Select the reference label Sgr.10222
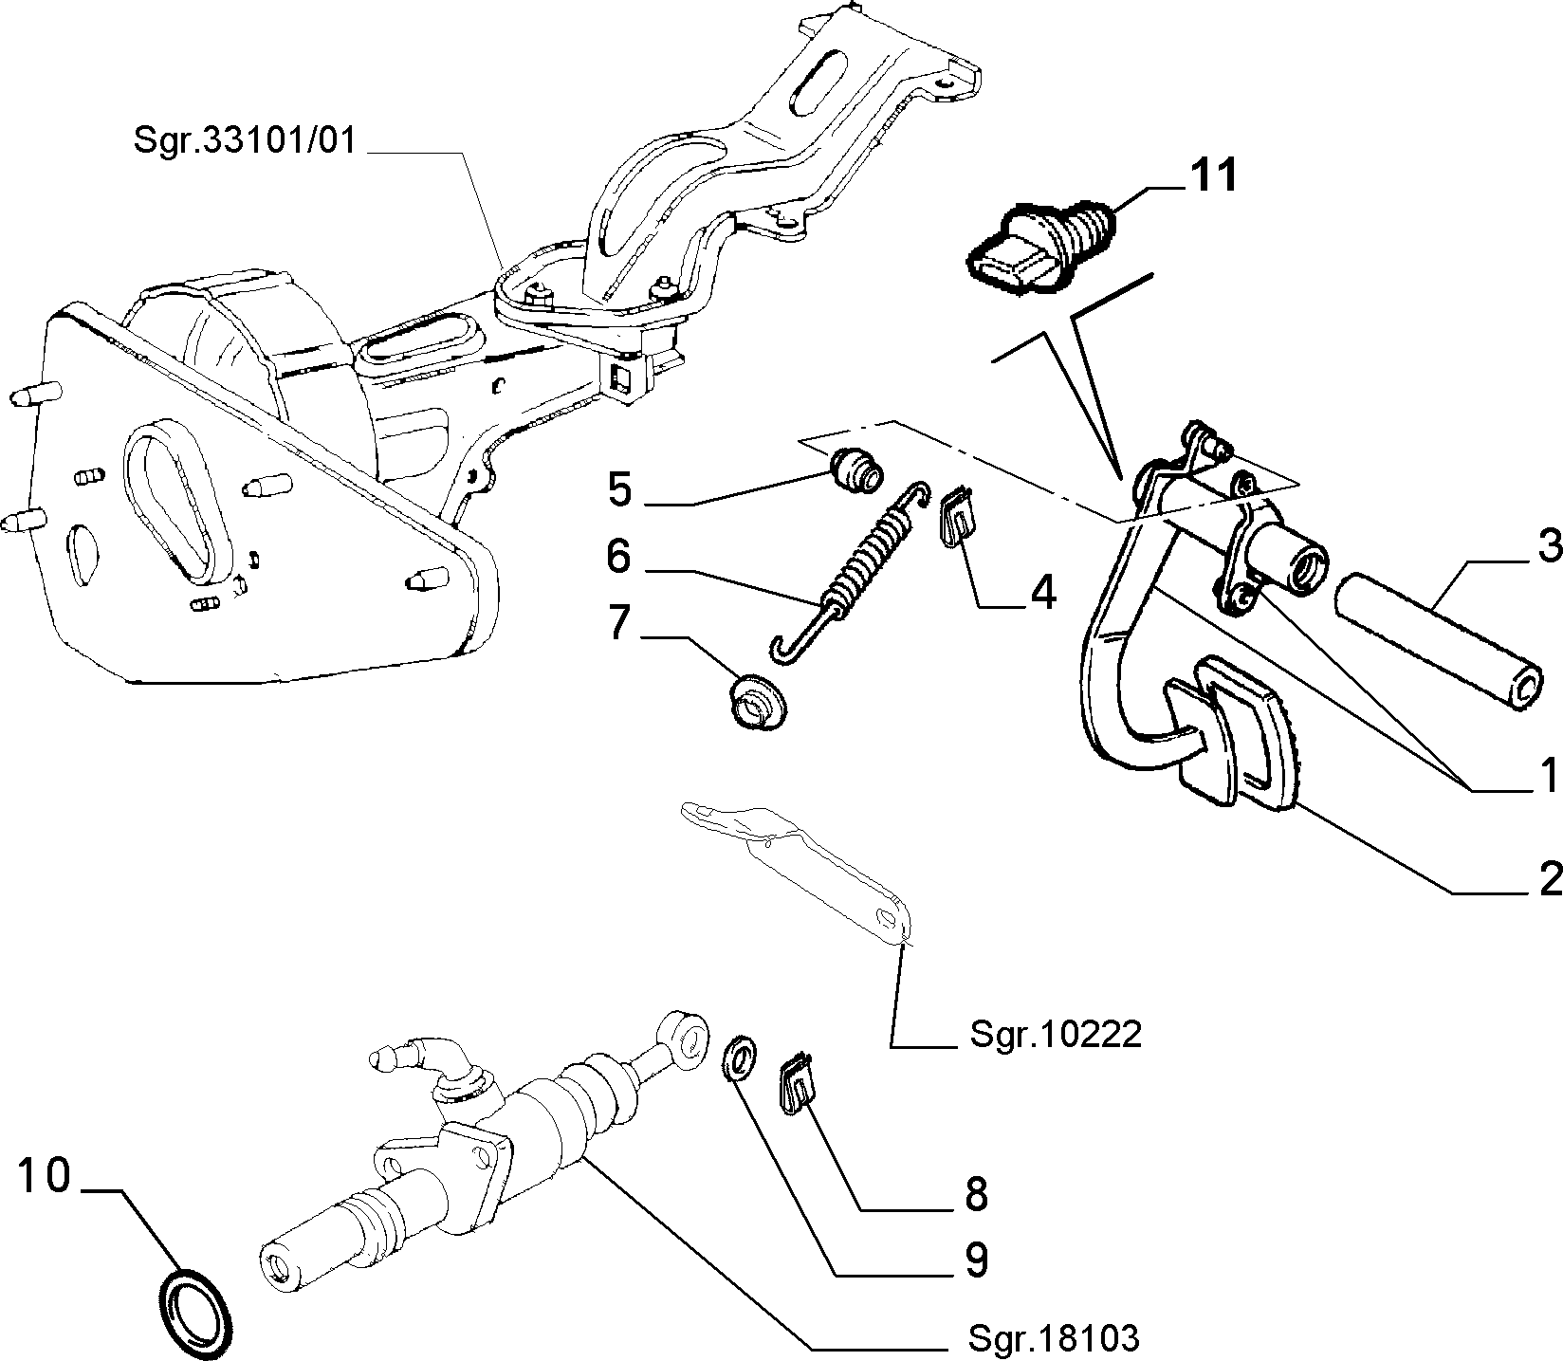tap(1055, 1034)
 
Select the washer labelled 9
tap(738, 1059)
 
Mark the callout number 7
tap(618, 623)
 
